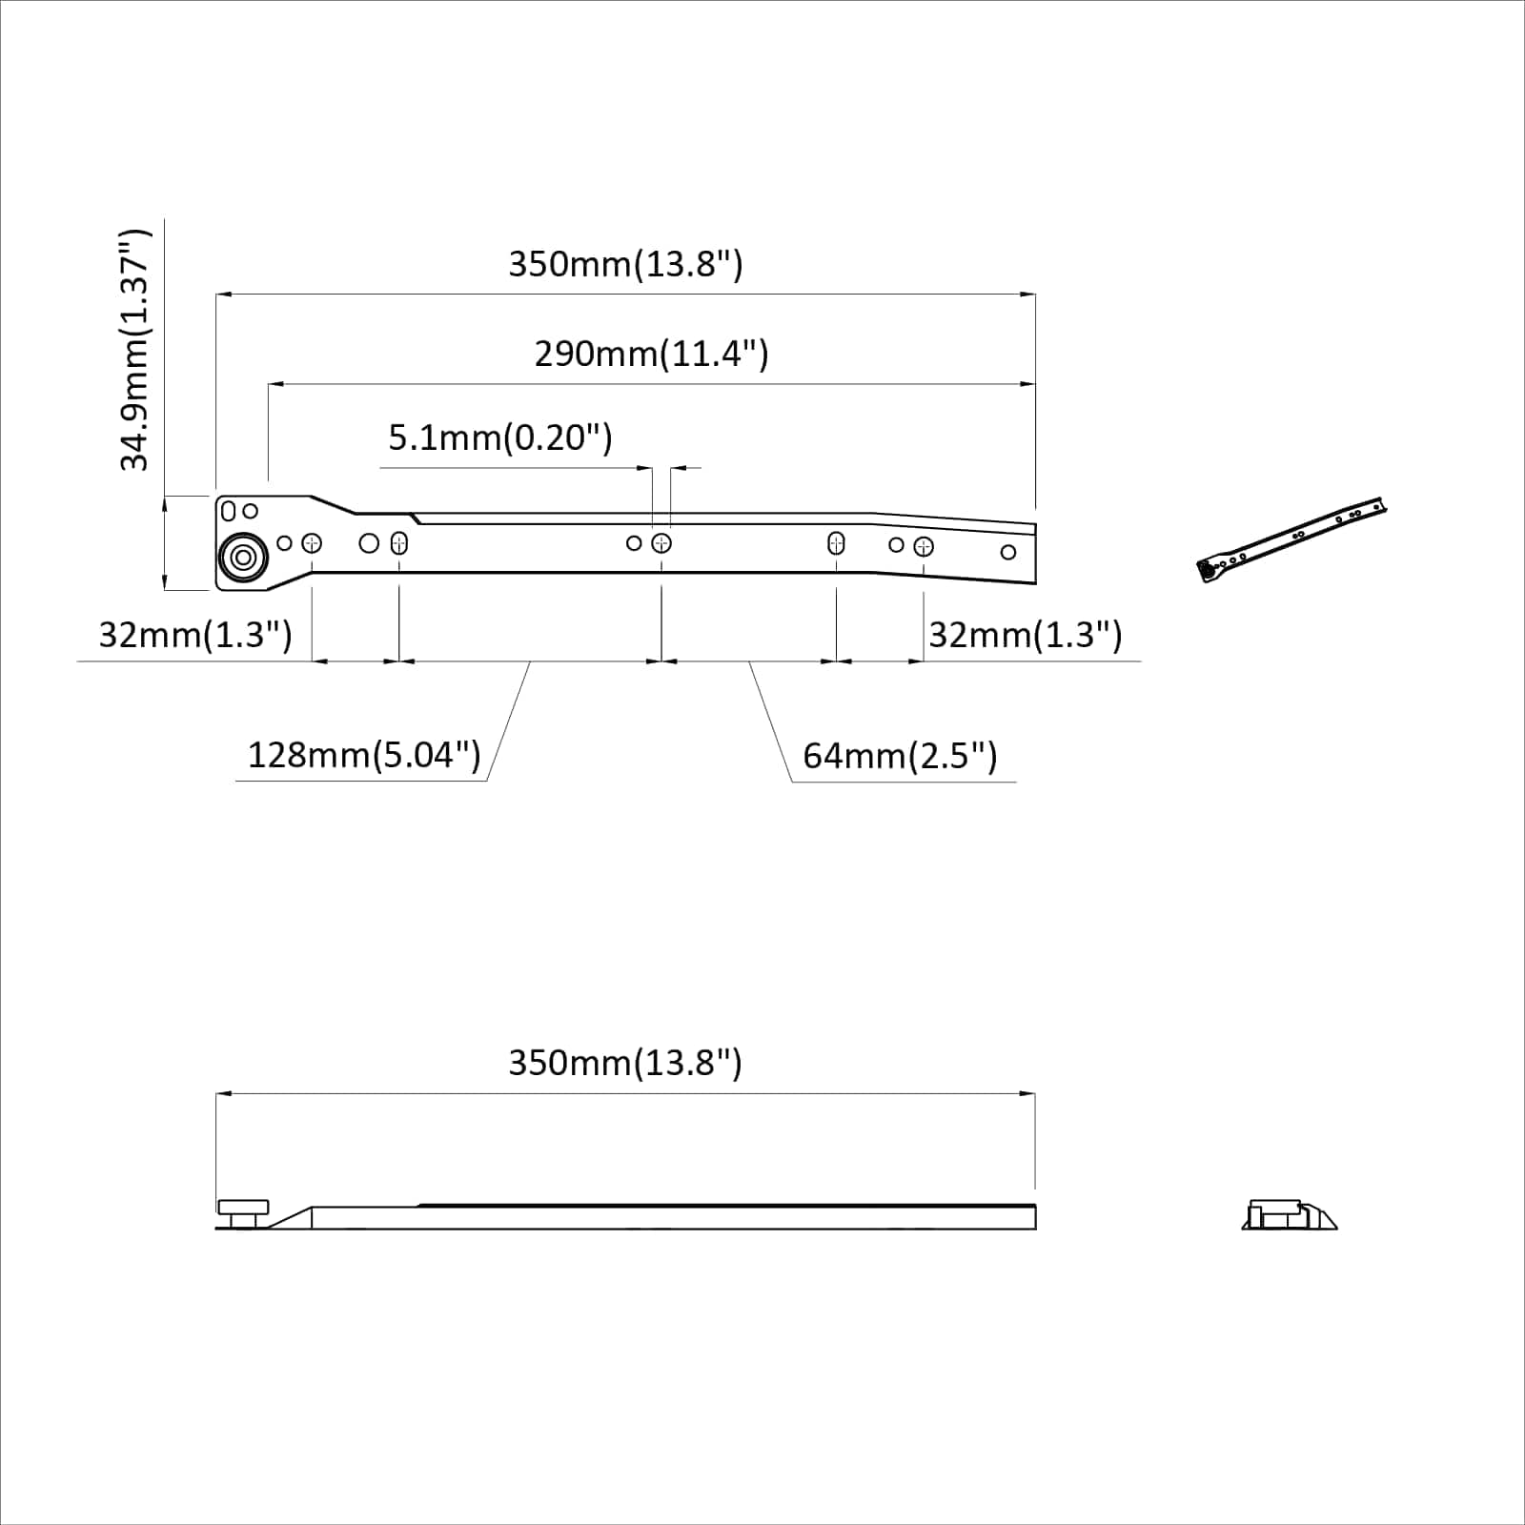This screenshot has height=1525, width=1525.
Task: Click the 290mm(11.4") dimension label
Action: click(x=651, y=355)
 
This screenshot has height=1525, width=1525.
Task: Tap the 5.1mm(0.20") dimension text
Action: click(x=499, y=438)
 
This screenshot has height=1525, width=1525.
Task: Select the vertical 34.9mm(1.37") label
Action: click(x=134, y=350)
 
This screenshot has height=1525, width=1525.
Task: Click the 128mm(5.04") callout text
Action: click(x=364, y=756)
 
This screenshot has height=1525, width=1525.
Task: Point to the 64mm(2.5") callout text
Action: click(x=900, y=757)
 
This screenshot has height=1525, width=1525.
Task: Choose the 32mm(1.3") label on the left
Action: click(x=195, y=635)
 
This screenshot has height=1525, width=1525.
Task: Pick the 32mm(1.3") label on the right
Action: click(x=1026, y=635)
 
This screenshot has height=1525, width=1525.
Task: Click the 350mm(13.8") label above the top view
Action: click(x=625, y=264)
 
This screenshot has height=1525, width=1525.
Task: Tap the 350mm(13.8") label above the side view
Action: click(x=625, y=1063)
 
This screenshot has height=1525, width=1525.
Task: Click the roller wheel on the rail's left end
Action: click(x=242, y=558)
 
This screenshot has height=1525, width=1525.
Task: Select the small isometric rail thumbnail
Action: click(x=1291, y=539)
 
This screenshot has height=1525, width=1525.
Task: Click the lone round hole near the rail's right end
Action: click(x=1008, y=552)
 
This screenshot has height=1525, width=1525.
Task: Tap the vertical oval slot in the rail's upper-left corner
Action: click(x=228, y=512)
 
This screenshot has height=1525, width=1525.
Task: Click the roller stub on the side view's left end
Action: click(x=243, y=1213)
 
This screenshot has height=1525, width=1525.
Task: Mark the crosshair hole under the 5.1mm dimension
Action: click(x=661, y=543)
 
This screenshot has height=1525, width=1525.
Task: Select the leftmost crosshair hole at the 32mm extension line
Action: click(x=312, y=543)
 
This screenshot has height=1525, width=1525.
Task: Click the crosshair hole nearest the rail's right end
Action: click(x=923, y=547)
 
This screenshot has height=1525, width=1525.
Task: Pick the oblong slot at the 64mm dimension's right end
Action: click(x=836, y=543)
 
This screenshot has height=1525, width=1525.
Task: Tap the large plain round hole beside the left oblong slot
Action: click(x=369, y=543)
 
